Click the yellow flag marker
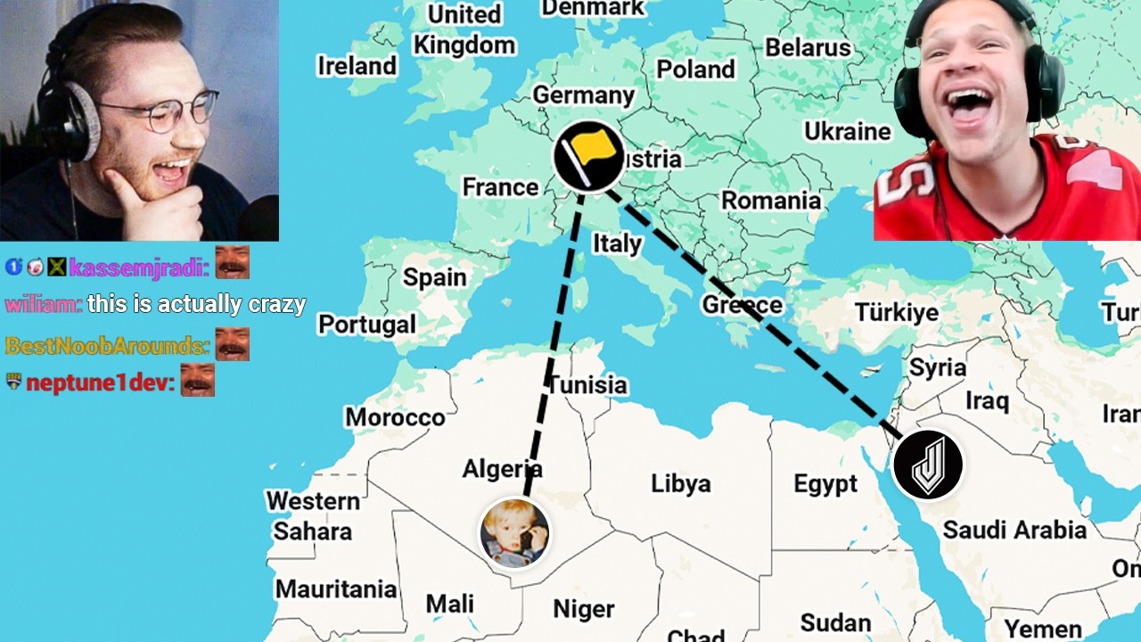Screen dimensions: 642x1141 click(589, 156)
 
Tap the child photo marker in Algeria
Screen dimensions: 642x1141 click(514, 533)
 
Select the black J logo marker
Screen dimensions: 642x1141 click(928, 465)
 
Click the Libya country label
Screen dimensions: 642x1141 click(680, 484)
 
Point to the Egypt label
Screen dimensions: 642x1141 click(825, 484)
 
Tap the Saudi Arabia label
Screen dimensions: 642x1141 click(1014, 531)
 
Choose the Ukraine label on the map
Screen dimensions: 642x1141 click(847, 132)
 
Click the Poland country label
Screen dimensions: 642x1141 click(695, 70)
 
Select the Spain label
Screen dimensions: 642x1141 click(434, 277)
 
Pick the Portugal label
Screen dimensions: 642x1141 click(366, 325)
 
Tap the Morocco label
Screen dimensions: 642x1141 click(395, 417)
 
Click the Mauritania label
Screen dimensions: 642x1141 click(335, 589)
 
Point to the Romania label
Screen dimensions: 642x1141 click(771, 201)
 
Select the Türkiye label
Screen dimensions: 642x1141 click(896, 312)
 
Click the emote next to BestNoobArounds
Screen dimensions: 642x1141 click(232, 344)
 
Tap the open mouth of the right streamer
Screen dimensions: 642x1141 click(969, 104)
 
